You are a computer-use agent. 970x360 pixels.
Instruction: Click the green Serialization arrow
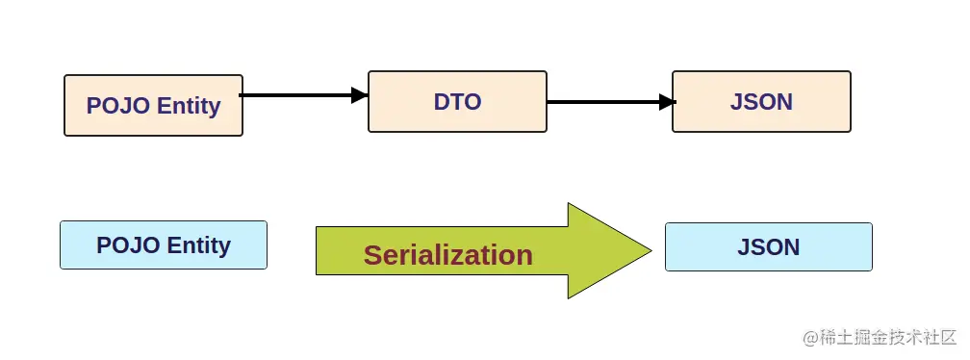[481, 252]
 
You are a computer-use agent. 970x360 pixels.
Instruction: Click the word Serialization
[447, 255]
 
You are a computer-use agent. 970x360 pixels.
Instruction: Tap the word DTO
[457, 101]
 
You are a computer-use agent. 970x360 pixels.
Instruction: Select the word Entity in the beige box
[189, 106]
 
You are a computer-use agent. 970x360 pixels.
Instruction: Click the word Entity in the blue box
[198, 245]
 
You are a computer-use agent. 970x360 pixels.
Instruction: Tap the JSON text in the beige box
[761, 101]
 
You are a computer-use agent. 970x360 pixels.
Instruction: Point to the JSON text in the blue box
[769, 247]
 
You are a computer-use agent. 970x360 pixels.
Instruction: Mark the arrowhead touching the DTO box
[360, 95]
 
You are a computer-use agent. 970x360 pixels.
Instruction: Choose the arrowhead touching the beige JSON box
[666, 101]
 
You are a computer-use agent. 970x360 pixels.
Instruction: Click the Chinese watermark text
[880, 338]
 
